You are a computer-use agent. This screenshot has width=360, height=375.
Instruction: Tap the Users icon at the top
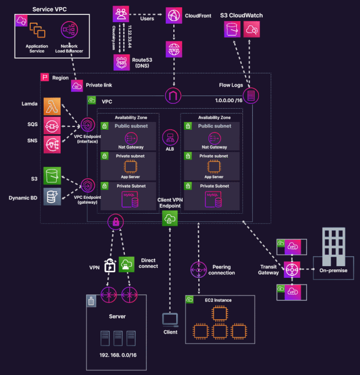[x=120, y=14]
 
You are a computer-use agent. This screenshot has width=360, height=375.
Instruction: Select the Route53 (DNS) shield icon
[x=121, y=62]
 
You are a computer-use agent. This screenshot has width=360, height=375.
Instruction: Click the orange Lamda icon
[x=52, y=105]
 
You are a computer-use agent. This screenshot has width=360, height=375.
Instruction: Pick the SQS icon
[x=52, y=125]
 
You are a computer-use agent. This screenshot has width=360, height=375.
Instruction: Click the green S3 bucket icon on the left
[x=52, y=176]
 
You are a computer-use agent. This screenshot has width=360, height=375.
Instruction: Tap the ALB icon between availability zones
[x=170, y=138]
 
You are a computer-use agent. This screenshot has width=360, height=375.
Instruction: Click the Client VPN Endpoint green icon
[x=170, y=218]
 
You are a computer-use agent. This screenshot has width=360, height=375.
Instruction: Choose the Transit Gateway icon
[x=292, y=270]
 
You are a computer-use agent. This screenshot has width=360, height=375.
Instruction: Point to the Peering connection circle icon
[x=198, y=270]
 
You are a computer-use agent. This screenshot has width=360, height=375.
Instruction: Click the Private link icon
[x=77, y=86]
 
